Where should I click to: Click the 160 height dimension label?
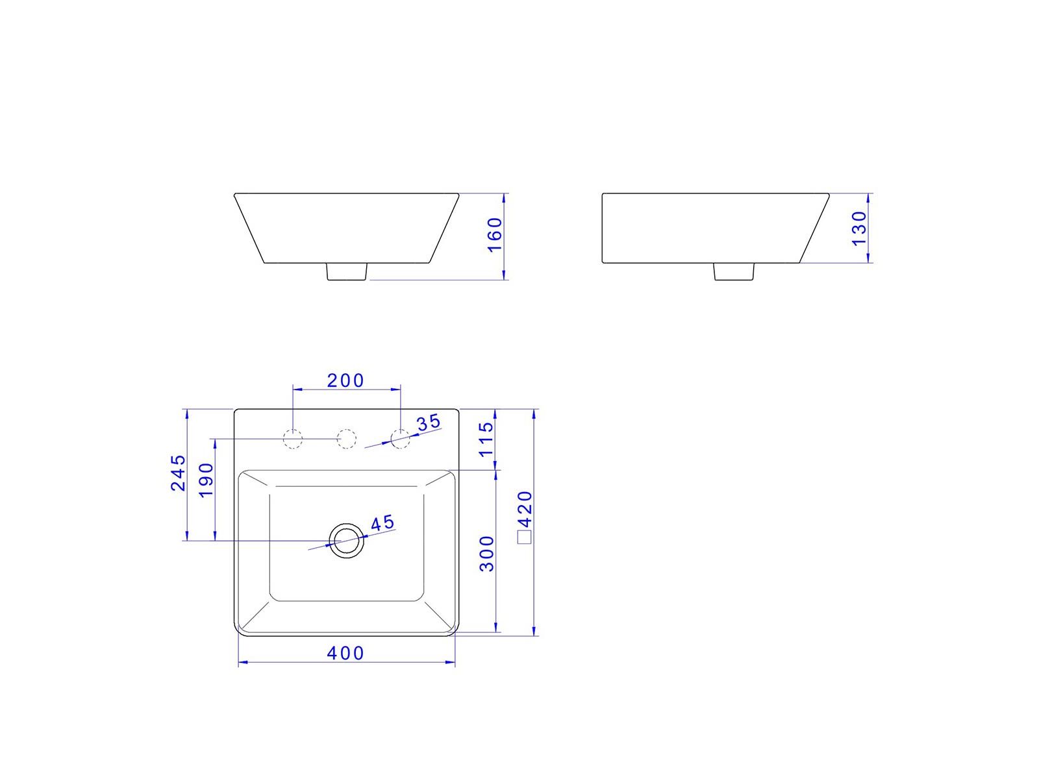(x=495, y=235)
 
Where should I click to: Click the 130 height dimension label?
(x=858, y=229)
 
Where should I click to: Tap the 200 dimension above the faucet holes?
(x=345, y=380)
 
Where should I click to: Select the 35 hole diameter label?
(x=429, y=423)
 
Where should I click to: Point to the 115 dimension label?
(x=486, y=439)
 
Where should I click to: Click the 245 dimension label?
(x=179, y=473)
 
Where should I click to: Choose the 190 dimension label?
(x=207, y=480)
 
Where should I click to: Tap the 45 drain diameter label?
(x=382, y=523)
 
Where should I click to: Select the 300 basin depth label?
(x=486, y=553)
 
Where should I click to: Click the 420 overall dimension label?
(x=525, y=509)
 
